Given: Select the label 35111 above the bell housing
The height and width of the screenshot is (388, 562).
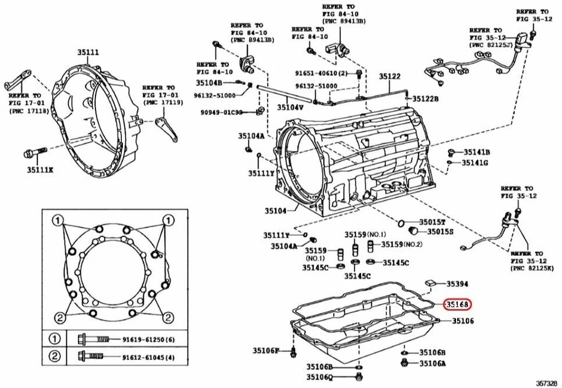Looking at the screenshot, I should click(x=88, y=53).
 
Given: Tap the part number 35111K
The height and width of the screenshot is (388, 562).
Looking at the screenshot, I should click(x=39, y=170).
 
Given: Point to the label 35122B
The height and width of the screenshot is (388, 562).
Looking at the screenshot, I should click(x=425, y=99).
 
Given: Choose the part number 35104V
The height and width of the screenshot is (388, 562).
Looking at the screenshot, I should click(x=290, y=108).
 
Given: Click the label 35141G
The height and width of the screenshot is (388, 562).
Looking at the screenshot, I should click(x=475, y=163).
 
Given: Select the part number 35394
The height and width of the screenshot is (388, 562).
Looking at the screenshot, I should click(x=457, y=284).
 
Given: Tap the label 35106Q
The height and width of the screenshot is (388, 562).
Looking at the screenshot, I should click(x=319, y=377).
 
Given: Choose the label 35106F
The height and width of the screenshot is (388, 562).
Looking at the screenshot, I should click(x=266, y=351).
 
